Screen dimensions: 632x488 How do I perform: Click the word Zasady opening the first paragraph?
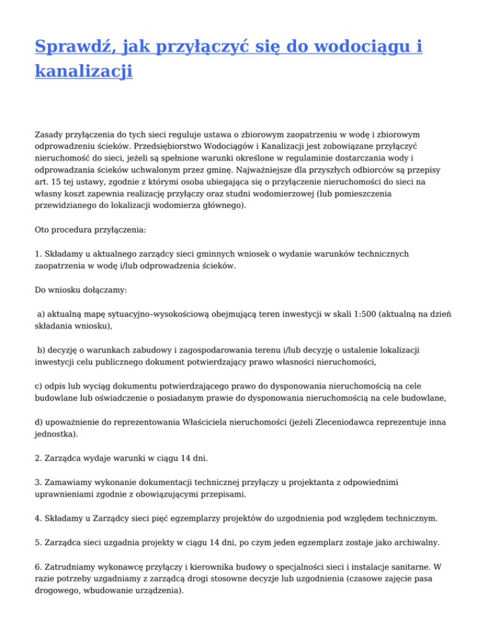click(50, 135)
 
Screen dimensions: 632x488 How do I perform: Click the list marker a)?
click(41, 312)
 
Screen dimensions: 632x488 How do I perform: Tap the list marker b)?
click(41, 349)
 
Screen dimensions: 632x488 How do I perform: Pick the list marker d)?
click(39, 422)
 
